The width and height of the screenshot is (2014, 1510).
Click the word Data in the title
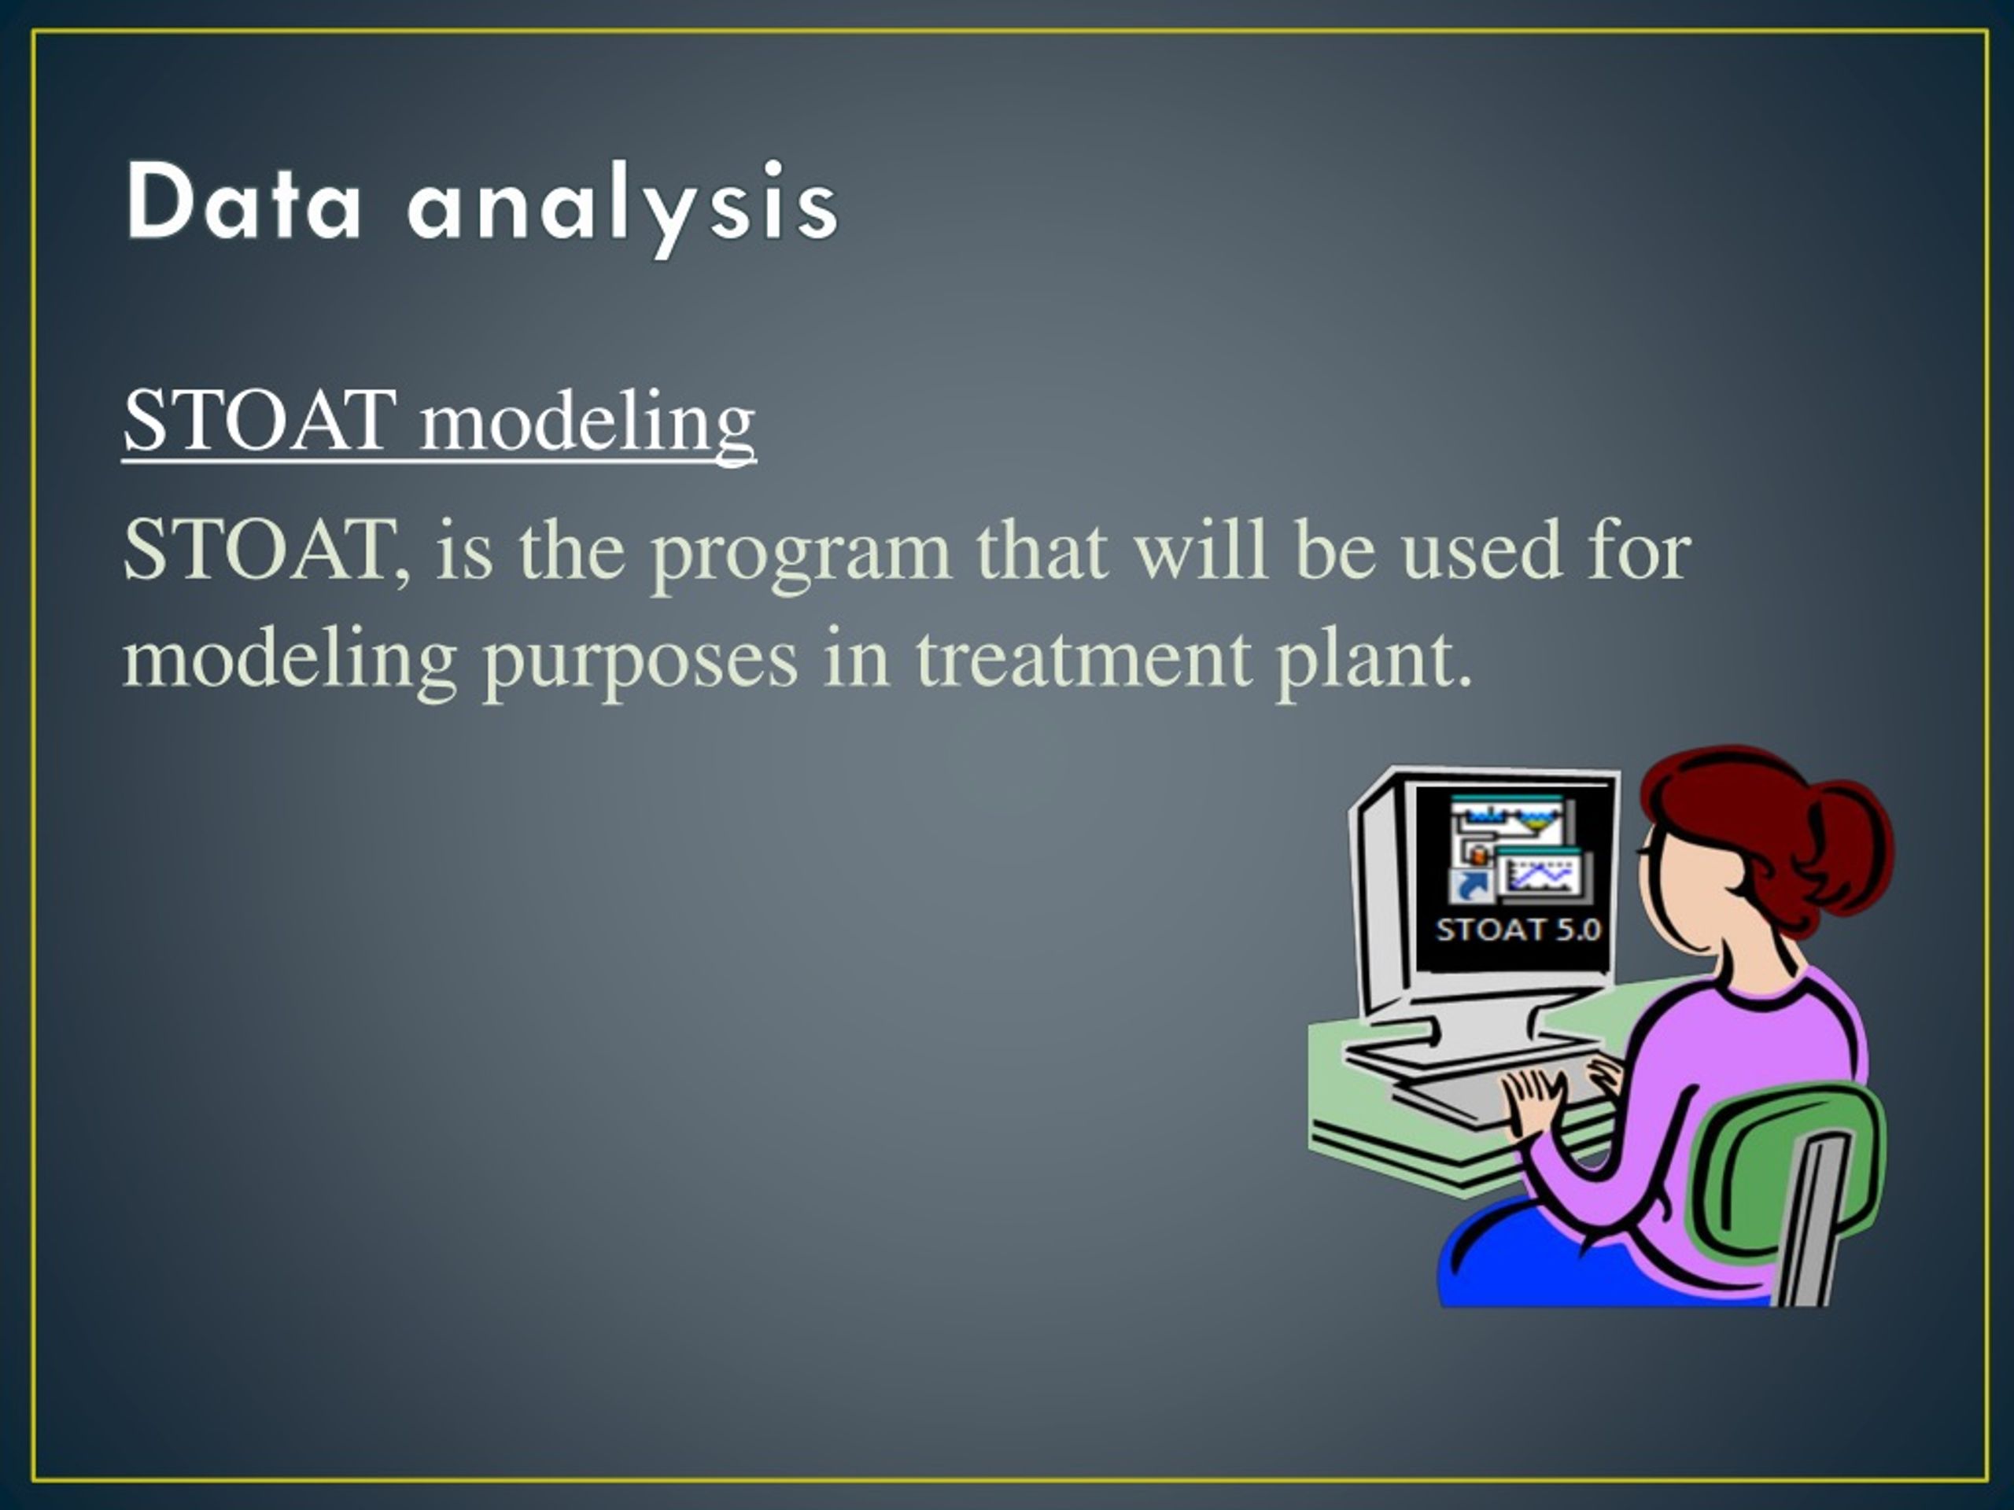244,201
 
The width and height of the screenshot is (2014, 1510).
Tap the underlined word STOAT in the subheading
260,421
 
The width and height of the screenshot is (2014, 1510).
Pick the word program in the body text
801,555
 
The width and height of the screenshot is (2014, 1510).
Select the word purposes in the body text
640,665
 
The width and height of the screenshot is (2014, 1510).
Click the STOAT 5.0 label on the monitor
1518,930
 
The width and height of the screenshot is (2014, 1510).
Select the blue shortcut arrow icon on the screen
1471,886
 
